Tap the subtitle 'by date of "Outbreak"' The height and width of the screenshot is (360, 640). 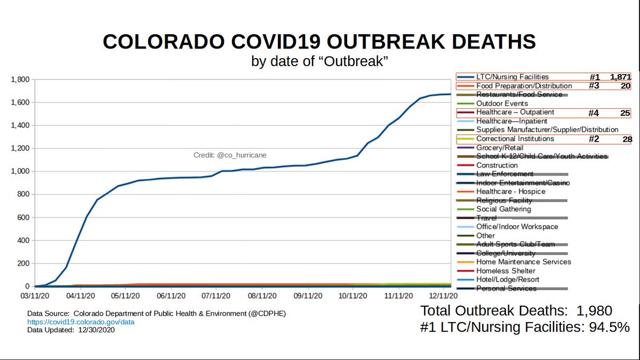click(319, 61)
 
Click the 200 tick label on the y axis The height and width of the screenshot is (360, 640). click(23, 263)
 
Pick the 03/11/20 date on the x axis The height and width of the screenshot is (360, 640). click(36, 294)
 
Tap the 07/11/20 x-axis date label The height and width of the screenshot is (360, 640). click(216, 294)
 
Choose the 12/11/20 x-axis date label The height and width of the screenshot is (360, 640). click(443, 294)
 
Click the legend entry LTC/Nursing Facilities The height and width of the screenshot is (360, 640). click(512, 77)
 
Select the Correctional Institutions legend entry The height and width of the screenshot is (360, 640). click(515, 139)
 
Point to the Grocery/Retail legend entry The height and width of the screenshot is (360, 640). click(499, 148)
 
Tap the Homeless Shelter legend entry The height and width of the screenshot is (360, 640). click(506, 271)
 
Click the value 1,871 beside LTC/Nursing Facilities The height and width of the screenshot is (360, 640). click(620, 77)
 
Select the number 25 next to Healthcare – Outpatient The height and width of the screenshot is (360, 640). click(626, 113)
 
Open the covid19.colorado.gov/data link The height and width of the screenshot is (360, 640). click(81, 322)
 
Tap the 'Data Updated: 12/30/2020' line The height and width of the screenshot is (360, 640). click(70, 330)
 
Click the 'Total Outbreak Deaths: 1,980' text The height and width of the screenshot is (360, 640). click(516, 310)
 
